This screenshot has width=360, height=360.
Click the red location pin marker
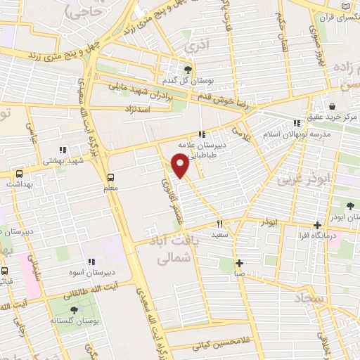pos(181,165)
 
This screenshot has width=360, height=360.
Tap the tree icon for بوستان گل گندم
pos(188,69)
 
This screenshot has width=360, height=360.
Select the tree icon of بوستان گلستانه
pos(74,310)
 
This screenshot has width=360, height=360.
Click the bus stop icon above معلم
pos(110,177)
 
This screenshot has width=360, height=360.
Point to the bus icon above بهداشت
pos(19,173)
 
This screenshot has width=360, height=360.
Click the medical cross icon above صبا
pos(240,263)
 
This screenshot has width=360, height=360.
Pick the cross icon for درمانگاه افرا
pos(318,226)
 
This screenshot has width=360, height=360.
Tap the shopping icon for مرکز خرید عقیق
pos(331,105)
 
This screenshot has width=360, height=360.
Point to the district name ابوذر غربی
pos(303,180)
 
